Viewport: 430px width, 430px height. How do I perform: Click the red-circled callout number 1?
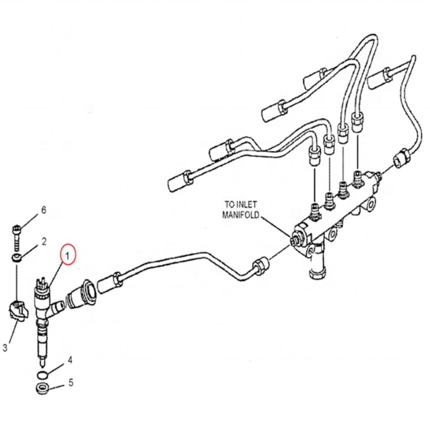67,256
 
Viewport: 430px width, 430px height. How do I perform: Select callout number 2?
44,241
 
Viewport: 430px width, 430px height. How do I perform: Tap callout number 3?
5,348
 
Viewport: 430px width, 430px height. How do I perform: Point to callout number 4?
70,360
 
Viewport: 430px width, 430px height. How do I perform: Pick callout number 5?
71,383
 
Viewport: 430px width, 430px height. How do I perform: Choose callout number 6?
43,210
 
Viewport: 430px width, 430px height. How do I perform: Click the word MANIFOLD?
241,215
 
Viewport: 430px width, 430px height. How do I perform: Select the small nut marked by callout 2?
17,258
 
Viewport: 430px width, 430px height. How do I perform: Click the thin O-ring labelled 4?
42,374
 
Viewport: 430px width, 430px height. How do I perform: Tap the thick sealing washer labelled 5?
43,389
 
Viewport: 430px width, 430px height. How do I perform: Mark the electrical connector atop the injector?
42,283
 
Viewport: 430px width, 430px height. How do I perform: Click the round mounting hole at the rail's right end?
370,206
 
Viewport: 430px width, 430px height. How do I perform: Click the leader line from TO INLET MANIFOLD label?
275,227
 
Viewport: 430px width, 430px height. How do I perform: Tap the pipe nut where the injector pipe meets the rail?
261,265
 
